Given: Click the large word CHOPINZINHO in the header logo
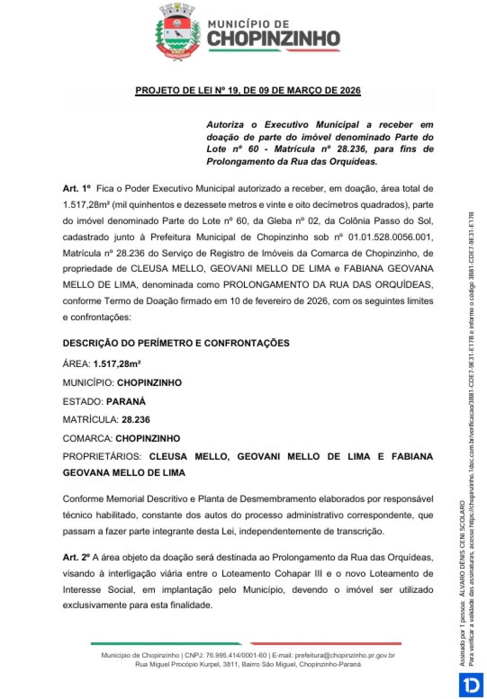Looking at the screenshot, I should pos(273,39).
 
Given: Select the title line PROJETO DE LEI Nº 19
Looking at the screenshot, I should pos(248,91).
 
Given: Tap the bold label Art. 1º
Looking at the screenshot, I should pos(77,188).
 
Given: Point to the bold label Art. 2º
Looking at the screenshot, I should pos(76,557).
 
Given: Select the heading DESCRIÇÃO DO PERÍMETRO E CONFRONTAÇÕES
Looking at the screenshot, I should pos(176,343).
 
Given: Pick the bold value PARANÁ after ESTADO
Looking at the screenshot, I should pos(126,402).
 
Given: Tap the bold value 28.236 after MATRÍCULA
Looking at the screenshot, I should pos(136,420).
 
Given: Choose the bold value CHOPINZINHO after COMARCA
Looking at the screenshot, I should pos(148,438).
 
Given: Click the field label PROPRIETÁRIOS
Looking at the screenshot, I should pos(102,457).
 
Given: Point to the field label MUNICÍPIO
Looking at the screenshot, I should pos(88,383).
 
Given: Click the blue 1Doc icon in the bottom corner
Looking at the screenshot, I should pos(470,685).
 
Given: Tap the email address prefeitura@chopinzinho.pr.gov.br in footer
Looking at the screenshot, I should pos(344,656).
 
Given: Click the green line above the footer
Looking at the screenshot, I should pos(166,644).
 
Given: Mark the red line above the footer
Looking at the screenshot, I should pos(326,644).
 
